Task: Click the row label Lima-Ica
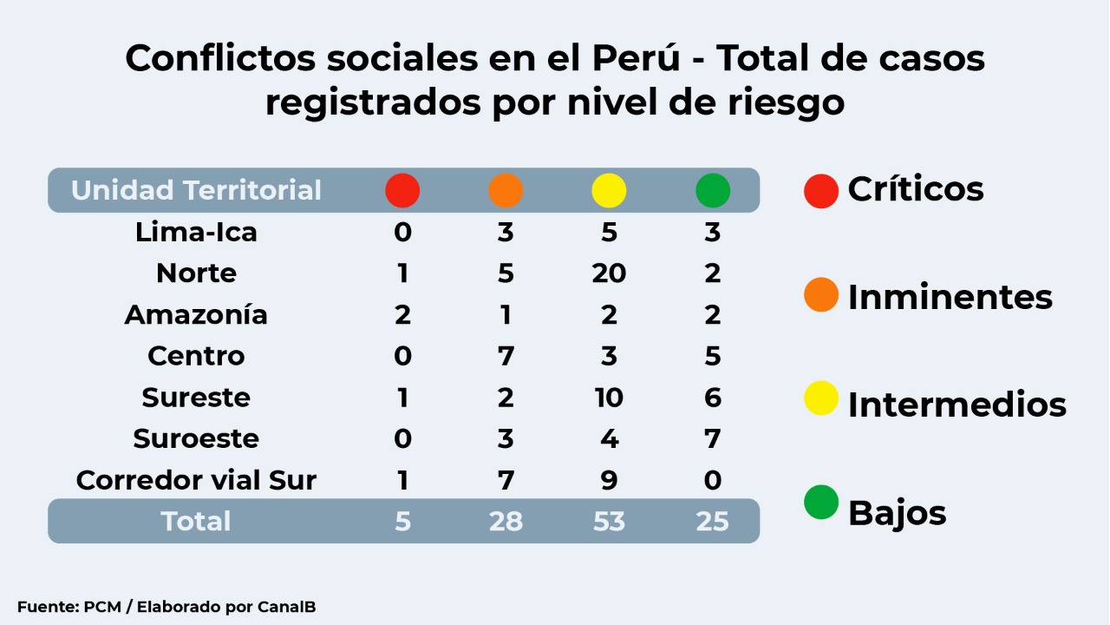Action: [196, 233]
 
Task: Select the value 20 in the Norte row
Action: [609, 273]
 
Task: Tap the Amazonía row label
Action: [196, 314]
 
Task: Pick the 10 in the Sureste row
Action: [609, 398]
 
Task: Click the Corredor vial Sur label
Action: [196, 480]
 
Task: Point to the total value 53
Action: [609, 521]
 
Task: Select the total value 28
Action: [506, 521]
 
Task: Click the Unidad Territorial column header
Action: [196, 190]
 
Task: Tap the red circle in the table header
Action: [402, 190]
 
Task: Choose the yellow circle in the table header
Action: [609, 190]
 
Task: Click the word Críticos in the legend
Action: [916, 189]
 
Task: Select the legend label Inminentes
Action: [950, 297]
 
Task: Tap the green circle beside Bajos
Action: [821, 503]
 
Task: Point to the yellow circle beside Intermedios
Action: [821, 398]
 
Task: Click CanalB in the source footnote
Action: [286, 607]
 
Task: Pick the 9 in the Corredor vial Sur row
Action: [609, 480]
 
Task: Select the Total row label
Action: [196, 521]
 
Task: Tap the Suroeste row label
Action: [196, 438]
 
